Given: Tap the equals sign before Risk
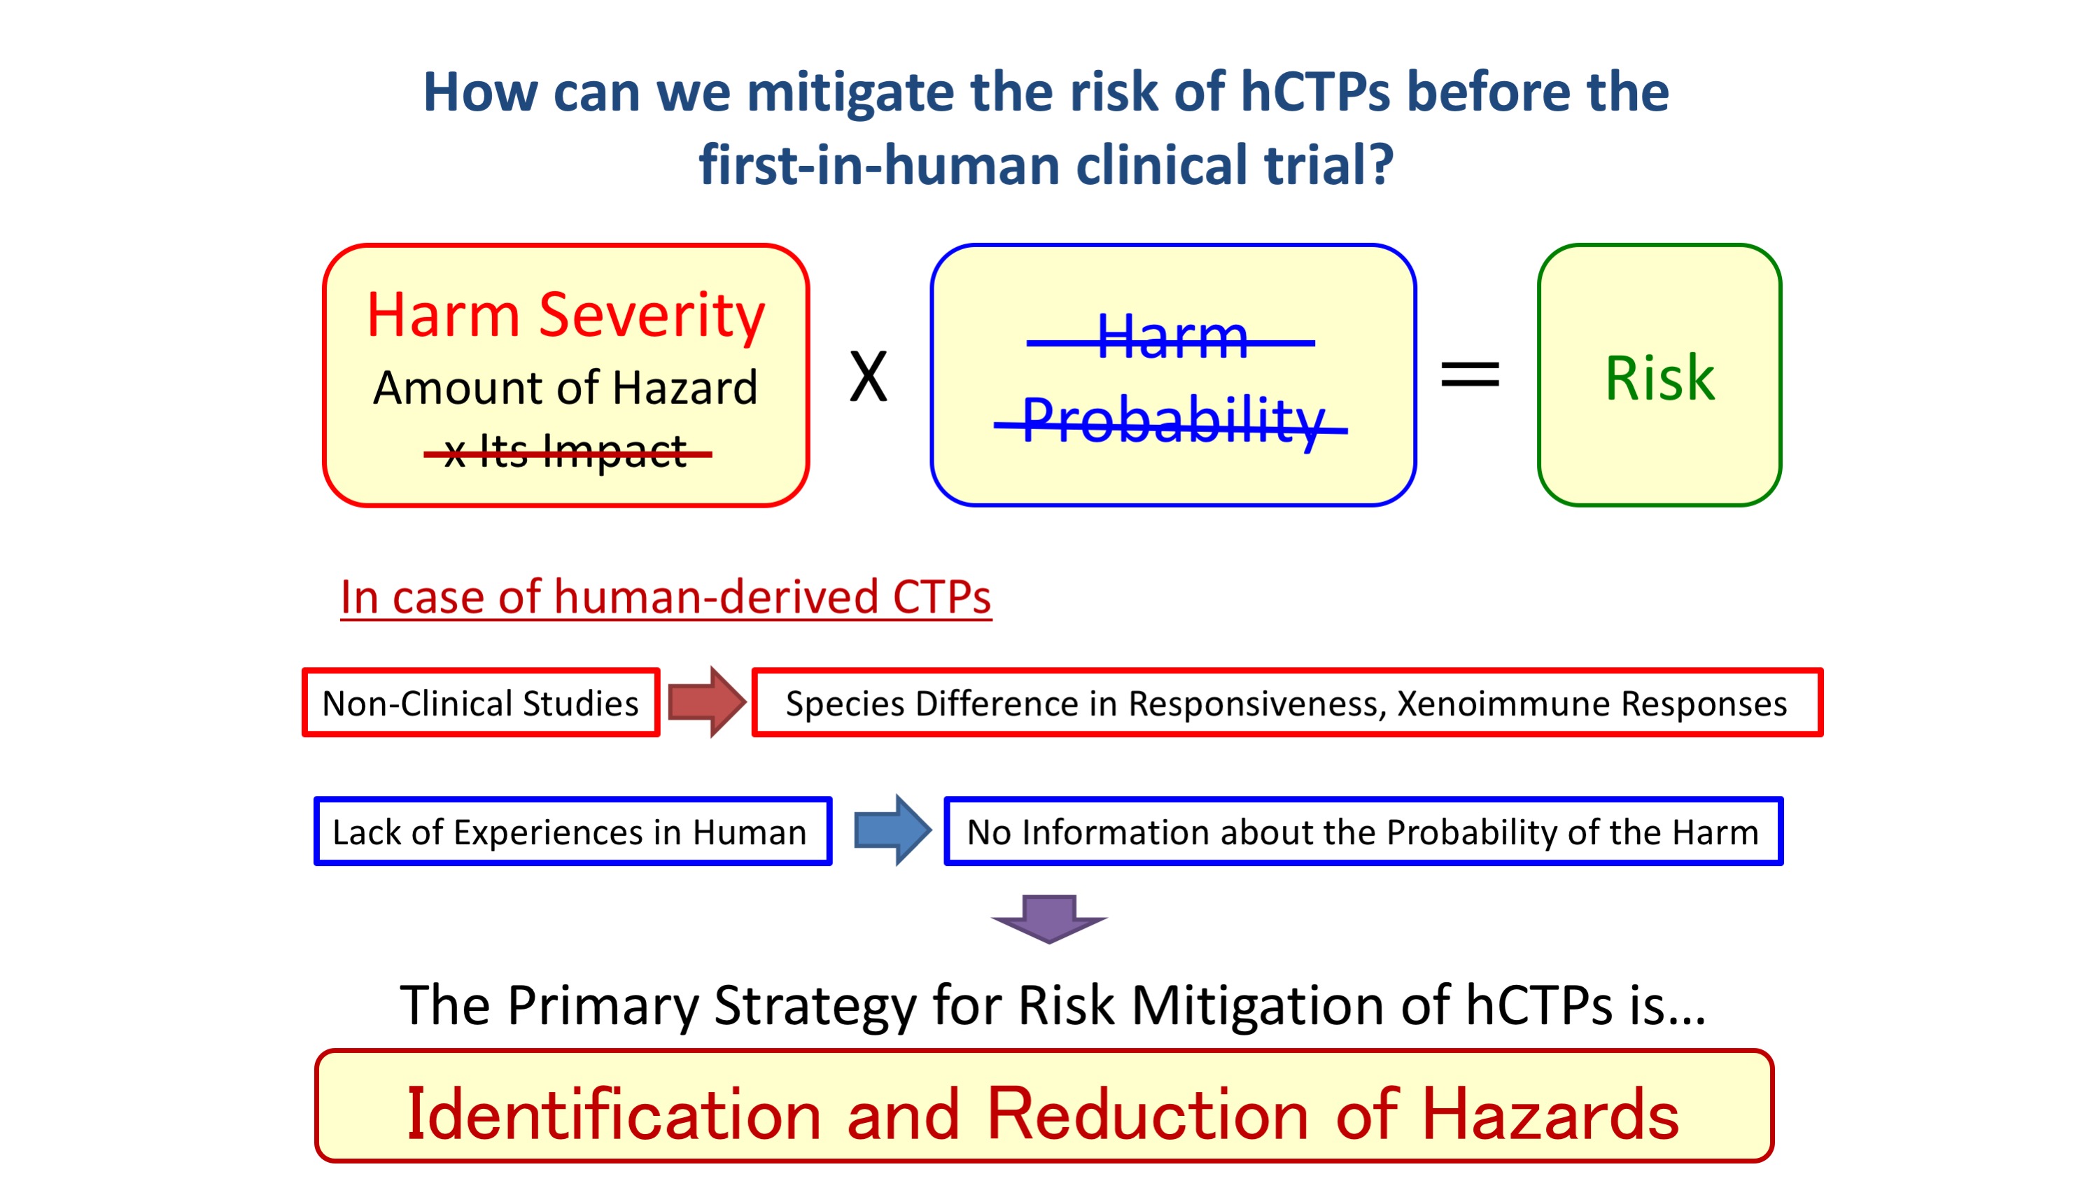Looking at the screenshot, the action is point(1470,374).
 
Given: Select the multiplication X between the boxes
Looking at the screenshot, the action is point(869,377).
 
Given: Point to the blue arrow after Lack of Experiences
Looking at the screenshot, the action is point(892,830).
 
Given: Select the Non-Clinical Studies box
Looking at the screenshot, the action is point(481,703).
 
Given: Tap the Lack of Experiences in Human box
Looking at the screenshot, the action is point(573,832).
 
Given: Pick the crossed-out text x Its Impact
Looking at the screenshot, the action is point(567,452).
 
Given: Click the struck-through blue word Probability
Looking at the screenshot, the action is point(1172,421).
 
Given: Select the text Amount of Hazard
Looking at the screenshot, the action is point(565,387).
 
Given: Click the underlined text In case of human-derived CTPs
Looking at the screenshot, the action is point(666,597).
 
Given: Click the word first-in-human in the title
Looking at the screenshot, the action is point(879,165).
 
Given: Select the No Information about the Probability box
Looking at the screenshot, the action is point(1363,832).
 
